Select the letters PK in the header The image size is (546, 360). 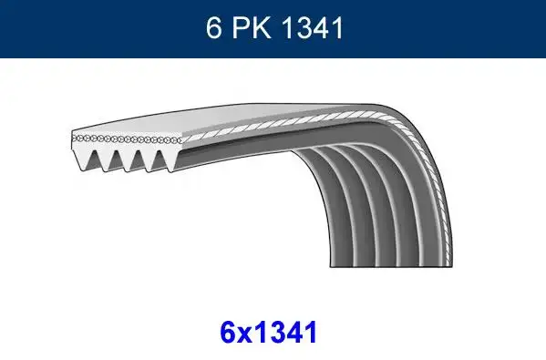tap(256, 28)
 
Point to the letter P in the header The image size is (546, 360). tap(245, 28)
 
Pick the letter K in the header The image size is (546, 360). tap(266, 28)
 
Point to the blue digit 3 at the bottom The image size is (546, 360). tap(280, 333)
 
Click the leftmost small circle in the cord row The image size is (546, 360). tap(74, 137)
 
